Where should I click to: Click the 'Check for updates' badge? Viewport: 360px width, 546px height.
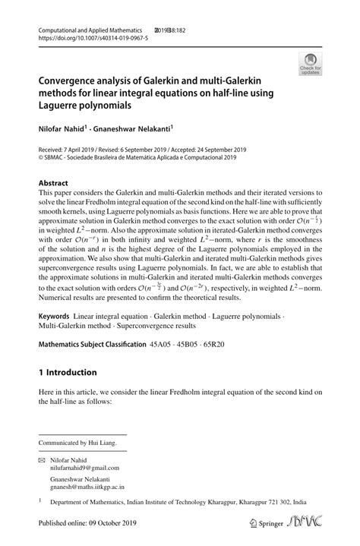(x=311, y=65)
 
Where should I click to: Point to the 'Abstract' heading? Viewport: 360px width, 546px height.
(x=53, y=183)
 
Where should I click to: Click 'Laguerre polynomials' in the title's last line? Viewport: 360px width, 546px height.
(x=92, y=104)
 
